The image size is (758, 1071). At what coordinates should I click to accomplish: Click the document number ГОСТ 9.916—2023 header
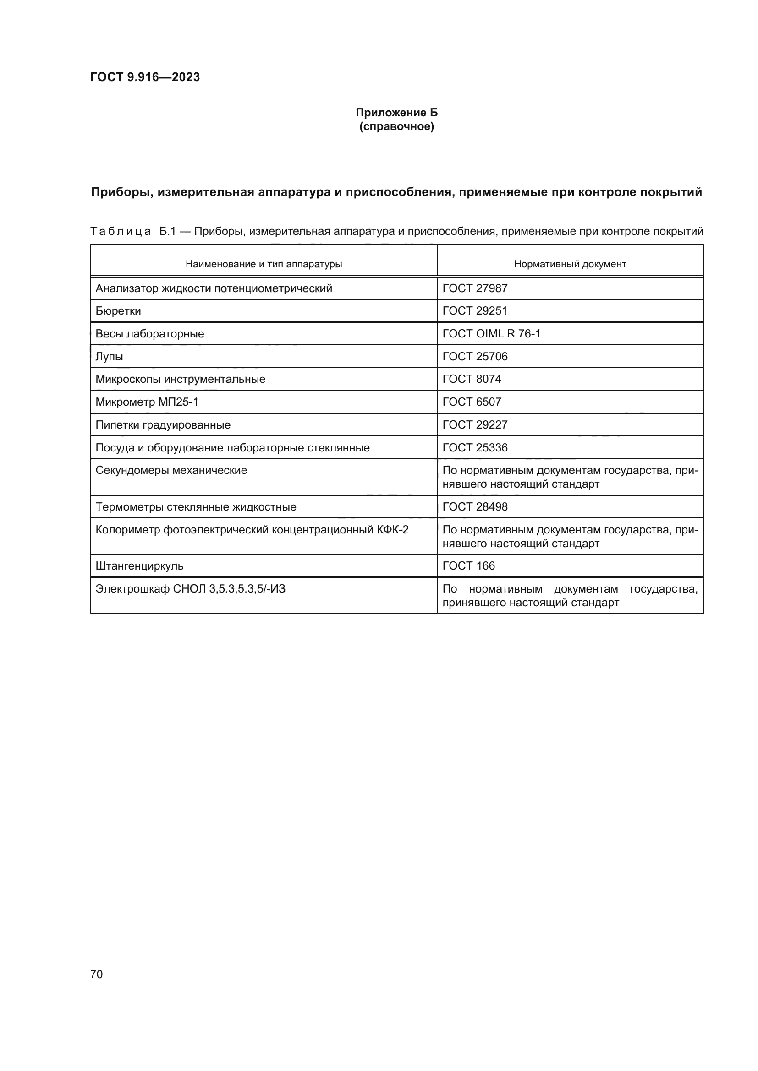pyautogui.click(x=145, y=77)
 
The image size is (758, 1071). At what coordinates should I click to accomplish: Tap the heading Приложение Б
pyautogui.click(x=396, y=113)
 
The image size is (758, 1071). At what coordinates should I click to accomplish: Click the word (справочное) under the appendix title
pyautogui.click(x=396, y=126)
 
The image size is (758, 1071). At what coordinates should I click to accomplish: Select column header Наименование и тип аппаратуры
pyautogui.click(x=264, y=264)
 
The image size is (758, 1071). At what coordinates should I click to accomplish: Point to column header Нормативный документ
pyautogui.click(x=570, y=264)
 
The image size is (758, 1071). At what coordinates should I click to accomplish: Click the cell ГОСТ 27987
pyautogui.click(x=475, y=288)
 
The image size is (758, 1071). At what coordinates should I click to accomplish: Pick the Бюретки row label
pyautogui.click(x=118, y=310)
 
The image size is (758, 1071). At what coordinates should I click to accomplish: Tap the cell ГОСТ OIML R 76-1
pyautogui.click(x=491, y=333)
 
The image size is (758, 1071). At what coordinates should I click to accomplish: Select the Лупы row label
pyautogui.click(x=109, y=356)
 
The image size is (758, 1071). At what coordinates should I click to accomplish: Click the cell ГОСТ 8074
pyautogui.click(x=472, y=379)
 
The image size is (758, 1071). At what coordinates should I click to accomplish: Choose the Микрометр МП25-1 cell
pyautogui.click(x=147, y=402)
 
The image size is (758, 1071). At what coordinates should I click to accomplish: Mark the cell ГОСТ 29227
pyautogui.click(x=475, y=424)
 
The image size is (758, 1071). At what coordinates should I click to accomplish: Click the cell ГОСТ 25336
pyautogui.click(x=475, y=447)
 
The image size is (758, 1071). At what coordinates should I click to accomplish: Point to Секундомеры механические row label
pyautogui.click(x=171, y=470)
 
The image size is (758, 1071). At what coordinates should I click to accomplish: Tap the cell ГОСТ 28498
pyautogui.click(x=475, y=506)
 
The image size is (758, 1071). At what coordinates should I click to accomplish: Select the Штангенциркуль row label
pyautogui.click(x=139, y=566)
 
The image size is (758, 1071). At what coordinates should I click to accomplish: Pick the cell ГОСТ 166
pyautogui.click(x=468, y=566)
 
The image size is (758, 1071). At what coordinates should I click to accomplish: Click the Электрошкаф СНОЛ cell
pyautogui.click(x=190, y=589)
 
